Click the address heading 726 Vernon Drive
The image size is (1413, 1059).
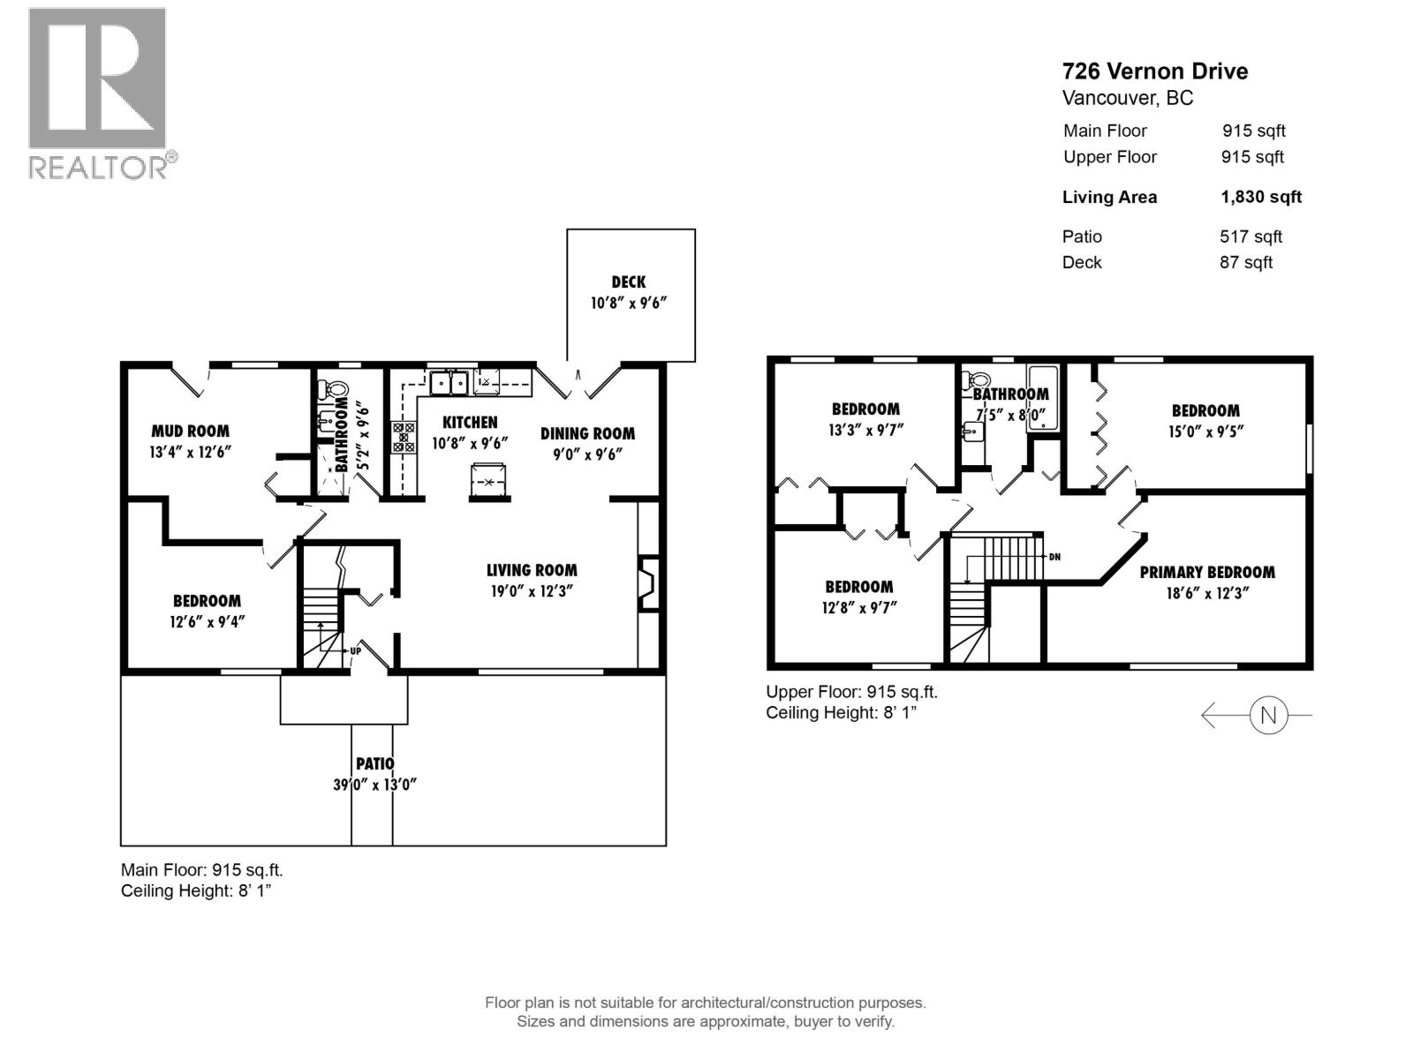click(1154, 71)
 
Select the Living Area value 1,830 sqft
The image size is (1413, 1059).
click(1260, 197)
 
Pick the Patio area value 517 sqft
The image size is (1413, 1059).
click(1251, 237)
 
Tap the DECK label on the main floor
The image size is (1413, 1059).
click(628, 282)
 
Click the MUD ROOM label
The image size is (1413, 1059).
click(190, 432)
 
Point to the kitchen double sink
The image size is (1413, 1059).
click(449, 383)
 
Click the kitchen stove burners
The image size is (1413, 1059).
click(404, 438)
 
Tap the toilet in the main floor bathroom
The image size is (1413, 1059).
click(336, 389)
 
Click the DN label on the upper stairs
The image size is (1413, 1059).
click(1054, 557)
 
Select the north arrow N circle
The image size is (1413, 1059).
click(1268, 715)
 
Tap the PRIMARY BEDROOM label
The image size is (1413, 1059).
click(1206, 573)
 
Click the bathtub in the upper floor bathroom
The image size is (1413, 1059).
click(1043, 397)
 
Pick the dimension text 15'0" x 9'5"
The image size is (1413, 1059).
click(1205, 432)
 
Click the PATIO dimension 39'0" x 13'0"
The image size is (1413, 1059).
click(374, 785)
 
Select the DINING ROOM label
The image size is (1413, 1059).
click(587, 433)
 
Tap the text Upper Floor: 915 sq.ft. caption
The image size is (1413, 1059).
click(851, 692)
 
